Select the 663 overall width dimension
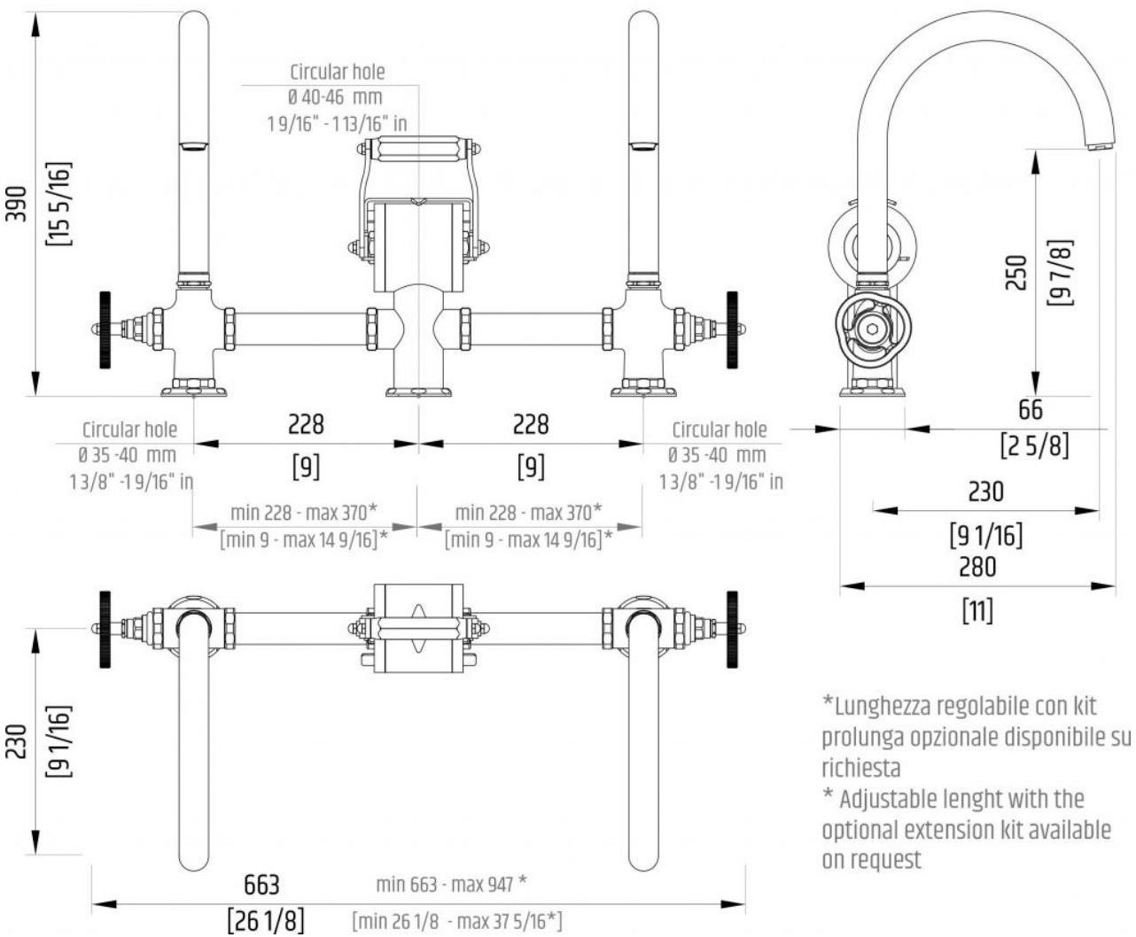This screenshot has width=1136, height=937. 261,884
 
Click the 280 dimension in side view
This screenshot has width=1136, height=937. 977,566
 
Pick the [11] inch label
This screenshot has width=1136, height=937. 977,609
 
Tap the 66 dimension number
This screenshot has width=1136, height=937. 1031,409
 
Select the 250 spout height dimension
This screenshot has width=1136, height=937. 1018,273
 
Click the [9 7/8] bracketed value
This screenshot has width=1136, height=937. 1058,273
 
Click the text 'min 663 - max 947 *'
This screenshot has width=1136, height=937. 452,883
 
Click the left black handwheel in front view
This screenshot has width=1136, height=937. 105,329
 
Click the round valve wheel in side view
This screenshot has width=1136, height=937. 872,329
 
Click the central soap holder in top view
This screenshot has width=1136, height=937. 417,628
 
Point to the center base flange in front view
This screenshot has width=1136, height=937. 417,391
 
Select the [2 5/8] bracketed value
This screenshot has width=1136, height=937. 1034,445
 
